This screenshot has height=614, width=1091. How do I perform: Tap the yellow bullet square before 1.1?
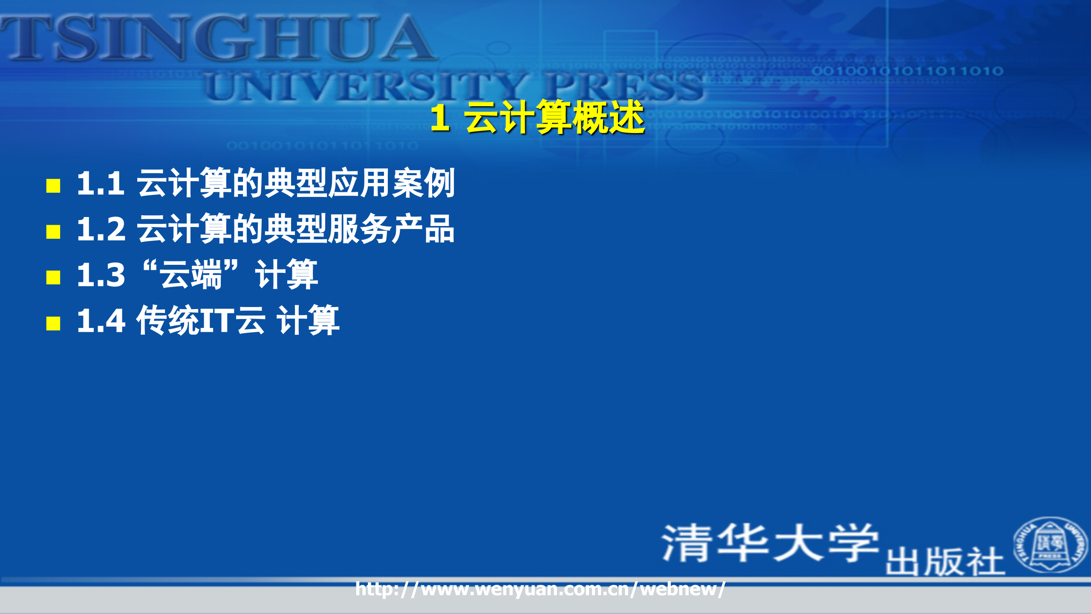(x=53, y=186)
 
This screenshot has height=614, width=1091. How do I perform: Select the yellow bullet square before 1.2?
(x=53, y=232)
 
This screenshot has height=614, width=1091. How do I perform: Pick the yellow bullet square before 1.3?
(x=53, y=277)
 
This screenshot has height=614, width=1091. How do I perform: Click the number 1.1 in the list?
(x=101, y=184)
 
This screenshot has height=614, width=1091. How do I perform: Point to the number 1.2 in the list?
(x=101, y=229)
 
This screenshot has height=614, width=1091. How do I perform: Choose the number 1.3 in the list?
(x=101, y=275)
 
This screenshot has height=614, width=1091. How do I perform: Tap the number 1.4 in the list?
(x=101, y=321)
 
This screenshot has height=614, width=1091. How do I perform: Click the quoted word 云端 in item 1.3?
(x=191, y=275)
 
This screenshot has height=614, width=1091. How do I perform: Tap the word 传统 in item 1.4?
(x=167, y=321)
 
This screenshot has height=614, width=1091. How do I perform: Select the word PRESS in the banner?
(x=624, y=87)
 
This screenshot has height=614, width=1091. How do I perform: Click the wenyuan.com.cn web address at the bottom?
(x=540, y=589)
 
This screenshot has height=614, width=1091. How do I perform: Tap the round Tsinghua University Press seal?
(x=1050, y=544)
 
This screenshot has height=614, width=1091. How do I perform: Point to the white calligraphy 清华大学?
(x=770, y=542)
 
